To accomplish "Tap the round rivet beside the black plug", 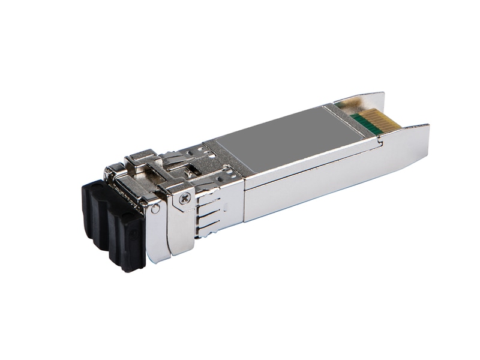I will tap(156, 208).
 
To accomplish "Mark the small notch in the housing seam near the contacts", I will tap(379, 143).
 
